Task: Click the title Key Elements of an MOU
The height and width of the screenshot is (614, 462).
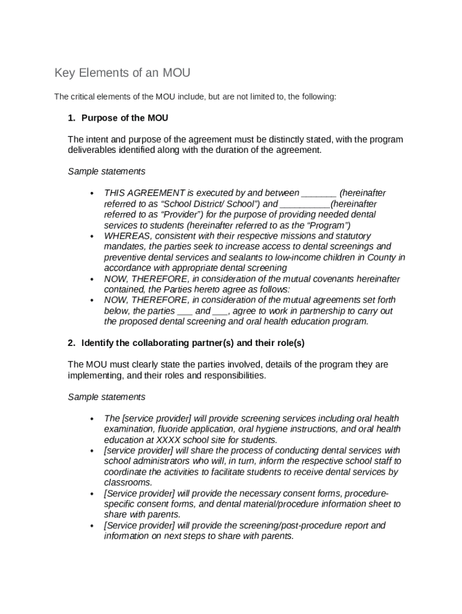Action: (122, 73)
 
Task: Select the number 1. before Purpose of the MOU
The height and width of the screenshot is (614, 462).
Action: (72, 118)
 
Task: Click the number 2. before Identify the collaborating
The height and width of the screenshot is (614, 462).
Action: (72, 343)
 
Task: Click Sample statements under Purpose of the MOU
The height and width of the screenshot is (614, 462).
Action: (106, 171)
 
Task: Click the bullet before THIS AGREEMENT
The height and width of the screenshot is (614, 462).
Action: (92, 194)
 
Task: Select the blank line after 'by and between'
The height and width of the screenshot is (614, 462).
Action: (319, 193)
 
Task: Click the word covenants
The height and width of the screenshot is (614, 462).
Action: (336, 279)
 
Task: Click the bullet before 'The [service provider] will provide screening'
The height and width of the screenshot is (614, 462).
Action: (92, 419)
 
